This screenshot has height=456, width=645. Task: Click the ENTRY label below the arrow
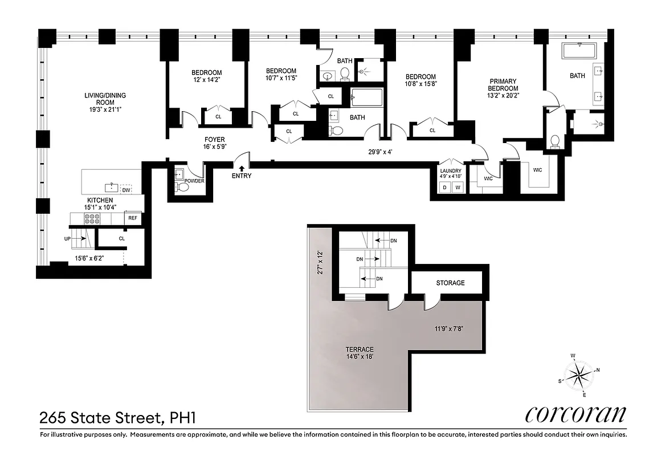(x=242, y=176)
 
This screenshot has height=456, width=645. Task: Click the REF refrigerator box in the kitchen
(x=132, y=218)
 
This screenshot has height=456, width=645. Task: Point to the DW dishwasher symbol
(x=126, y=190)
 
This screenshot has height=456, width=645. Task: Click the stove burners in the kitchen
(x=91, y=218)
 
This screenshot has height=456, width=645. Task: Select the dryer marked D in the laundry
(x=446, y=188)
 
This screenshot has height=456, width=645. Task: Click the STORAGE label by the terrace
(x=450, y=283)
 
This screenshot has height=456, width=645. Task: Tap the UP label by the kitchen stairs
(x=67, y=239)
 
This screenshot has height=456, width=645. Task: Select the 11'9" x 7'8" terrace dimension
(x=449, y=328)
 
